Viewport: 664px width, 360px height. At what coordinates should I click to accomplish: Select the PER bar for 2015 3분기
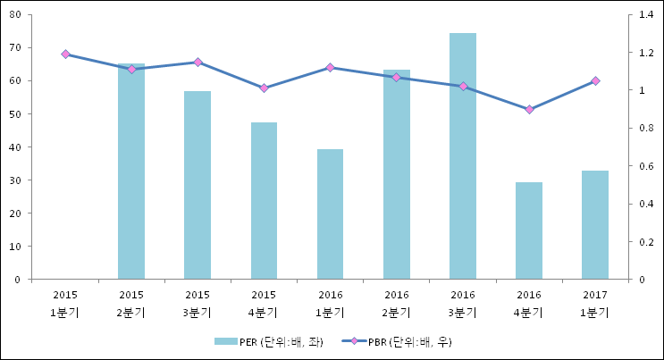(x=198, y=185)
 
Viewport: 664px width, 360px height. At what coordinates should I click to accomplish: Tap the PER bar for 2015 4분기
(x=264, y=201)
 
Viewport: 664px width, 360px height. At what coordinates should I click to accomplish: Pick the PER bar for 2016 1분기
(x=330, y=214)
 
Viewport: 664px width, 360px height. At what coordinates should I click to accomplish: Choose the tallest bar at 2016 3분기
(x=463, y=156)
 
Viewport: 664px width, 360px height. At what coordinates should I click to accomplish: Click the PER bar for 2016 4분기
(x=529, y=230)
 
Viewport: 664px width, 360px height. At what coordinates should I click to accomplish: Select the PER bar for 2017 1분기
(x=595, y=225)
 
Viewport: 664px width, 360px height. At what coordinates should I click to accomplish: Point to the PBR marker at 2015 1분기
(x=65, y=54)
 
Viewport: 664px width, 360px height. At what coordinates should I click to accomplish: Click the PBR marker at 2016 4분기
(x=529, y=110)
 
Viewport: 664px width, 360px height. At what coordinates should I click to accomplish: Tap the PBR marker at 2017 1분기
(x=595, y=81)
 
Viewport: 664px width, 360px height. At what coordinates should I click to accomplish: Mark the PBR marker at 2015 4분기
(x=264, y=88)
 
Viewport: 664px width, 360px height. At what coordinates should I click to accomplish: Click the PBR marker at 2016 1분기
(x=330, y=68)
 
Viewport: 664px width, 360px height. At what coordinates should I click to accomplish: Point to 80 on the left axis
(x=17, y=15)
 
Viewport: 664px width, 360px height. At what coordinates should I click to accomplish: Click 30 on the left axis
(x=17, y=180)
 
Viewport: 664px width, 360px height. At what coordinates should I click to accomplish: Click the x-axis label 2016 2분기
(x=396, y=303)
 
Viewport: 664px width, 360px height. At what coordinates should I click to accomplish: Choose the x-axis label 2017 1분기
(x=595, y=303)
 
